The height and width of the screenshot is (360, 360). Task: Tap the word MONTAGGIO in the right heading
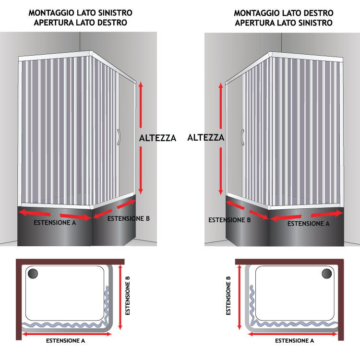point(255,13)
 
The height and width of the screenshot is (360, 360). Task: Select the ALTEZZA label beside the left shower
point(157,138)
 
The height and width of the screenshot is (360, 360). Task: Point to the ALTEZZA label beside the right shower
point(206,137)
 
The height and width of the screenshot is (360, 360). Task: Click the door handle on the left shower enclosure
point(119,137)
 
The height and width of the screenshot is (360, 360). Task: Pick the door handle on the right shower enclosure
point(242,137)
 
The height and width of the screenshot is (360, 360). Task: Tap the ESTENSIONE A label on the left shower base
point(55,222)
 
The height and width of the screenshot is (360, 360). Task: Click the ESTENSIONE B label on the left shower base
point(129,218)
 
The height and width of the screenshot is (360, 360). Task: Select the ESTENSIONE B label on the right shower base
point(229,220)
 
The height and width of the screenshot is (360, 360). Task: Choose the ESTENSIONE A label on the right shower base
point(308,223)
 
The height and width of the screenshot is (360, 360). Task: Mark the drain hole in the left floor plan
point(33,274)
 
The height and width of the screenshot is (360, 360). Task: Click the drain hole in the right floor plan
point(327,274)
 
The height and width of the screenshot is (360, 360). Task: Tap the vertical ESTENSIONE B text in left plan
point(127,296)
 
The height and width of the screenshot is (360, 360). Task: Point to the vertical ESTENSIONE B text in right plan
point(228,296)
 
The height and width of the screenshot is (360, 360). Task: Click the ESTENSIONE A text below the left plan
point(65,340)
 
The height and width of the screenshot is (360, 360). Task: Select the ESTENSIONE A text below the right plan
point(295,340)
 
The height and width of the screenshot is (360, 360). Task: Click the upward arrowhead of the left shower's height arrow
point(141,84)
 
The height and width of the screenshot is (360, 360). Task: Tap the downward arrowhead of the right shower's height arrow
point(221,192)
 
